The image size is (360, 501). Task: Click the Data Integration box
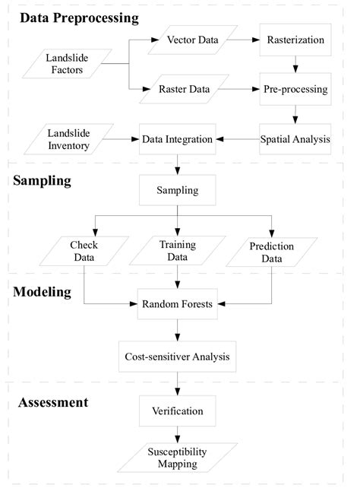click(x=177, y=139)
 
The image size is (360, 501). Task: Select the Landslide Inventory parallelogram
click(x=66, y=138)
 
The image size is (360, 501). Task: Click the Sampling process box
click(x=177, y=189)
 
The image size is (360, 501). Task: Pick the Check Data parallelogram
click(x=84, y=252)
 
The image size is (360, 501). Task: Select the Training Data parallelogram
click(x=177, y=252)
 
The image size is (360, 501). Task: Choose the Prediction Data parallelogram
click(x=270, y=252)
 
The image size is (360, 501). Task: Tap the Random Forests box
click(x=177, y=304)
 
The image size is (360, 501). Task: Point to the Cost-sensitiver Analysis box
click(x=177, y=354)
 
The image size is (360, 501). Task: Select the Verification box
click(x=177, y=411)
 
